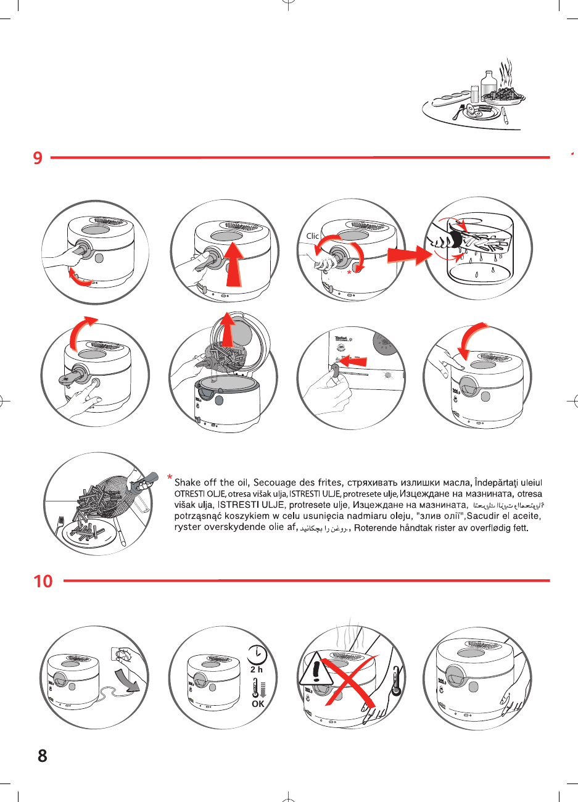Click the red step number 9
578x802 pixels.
[38, 158]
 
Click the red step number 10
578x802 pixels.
[43, 581]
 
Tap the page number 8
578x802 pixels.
[42, 756]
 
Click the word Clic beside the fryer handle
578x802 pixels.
[313, 236]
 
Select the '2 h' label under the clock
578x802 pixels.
[257, 669]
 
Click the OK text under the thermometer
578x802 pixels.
[258, 704]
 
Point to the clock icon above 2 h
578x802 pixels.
[257, 654]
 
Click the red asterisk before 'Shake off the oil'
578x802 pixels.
[169, 477]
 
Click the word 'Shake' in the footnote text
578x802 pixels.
[188, 482]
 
